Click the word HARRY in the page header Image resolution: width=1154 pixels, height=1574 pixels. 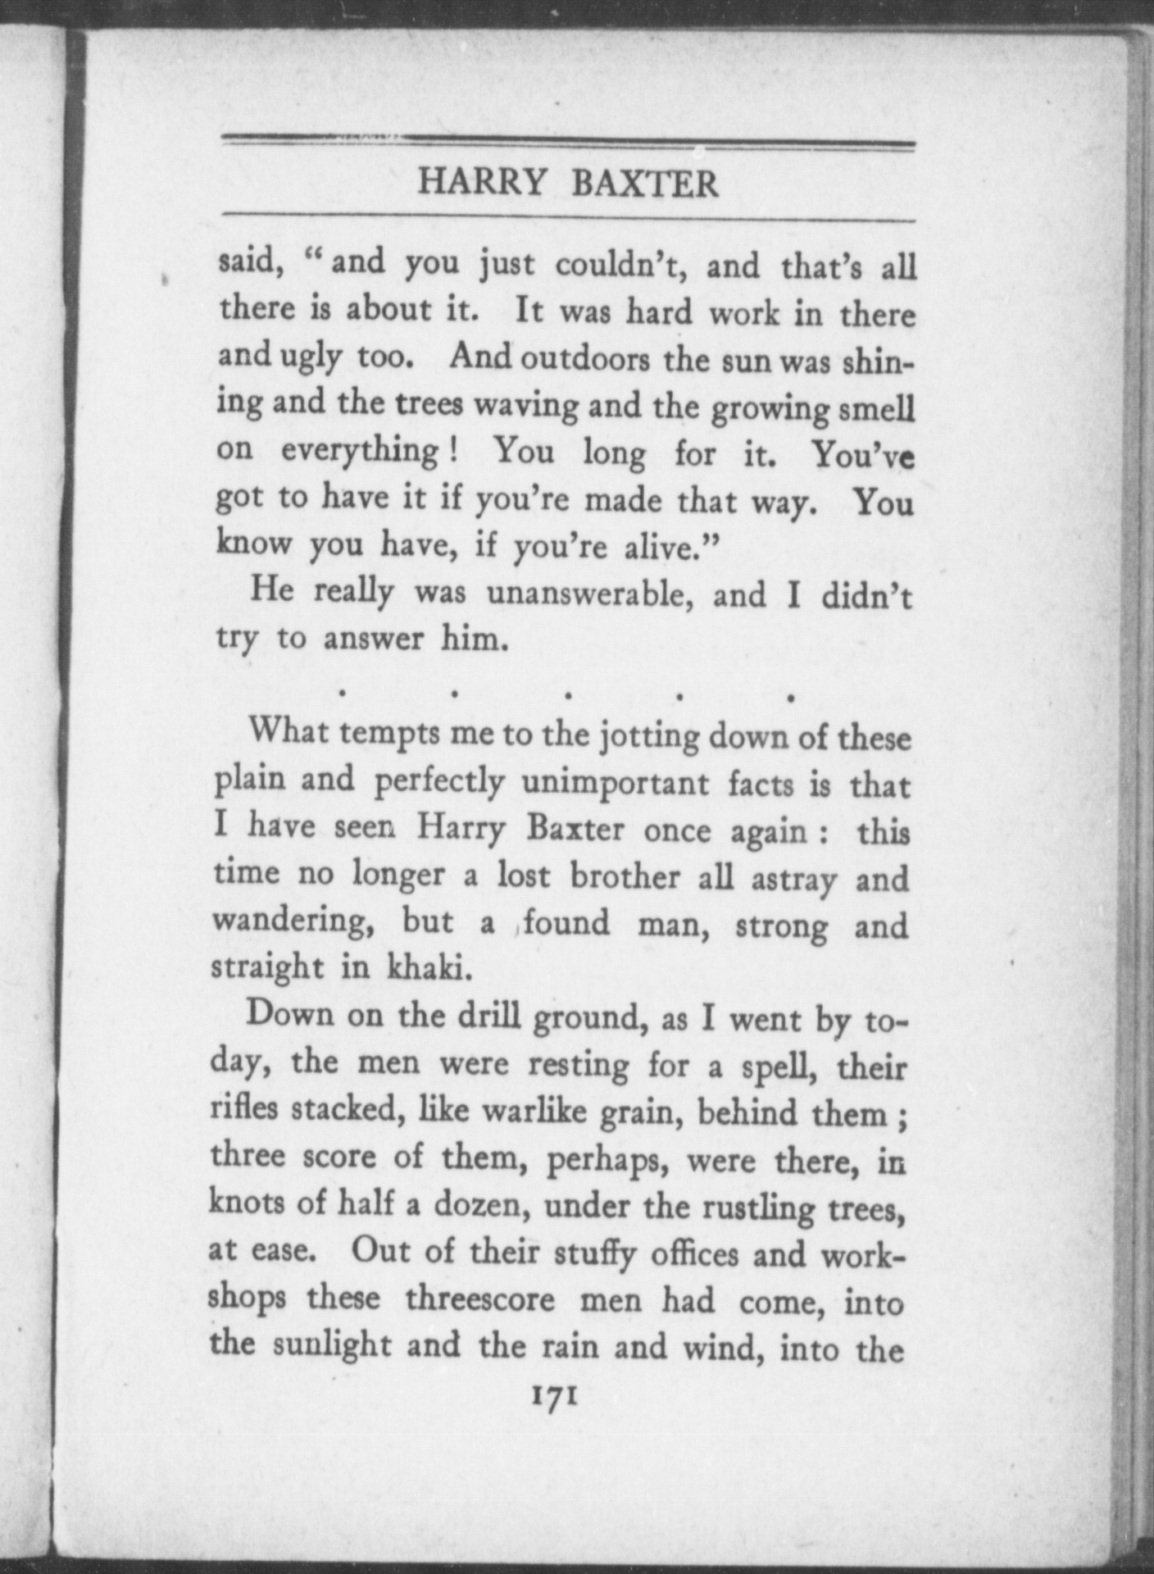click(x=481, y=182)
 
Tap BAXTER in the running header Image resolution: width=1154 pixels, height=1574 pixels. click(x=644, y=183)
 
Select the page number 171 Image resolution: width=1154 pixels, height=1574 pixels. click(x=556, y=1395)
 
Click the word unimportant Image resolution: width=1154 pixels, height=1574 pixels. click(x=615, y=784)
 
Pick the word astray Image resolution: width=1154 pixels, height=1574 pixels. click(x=794, y=879)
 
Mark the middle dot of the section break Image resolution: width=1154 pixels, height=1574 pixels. click(x=566, y=697)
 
